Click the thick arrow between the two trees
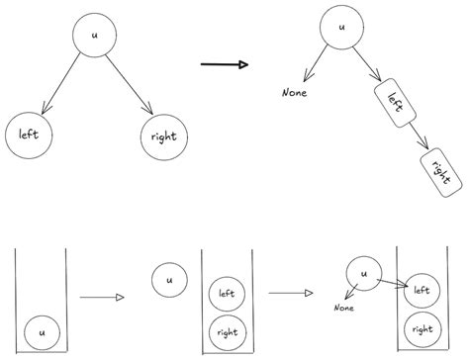[224, 65]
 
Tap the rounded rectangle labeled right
[440, 169]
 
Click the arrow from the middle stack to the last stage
[291, 294]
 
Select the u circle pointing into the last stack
[362, 276]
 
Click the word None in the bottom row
[343, 308]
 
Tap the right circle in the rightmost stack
[422, 327]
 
